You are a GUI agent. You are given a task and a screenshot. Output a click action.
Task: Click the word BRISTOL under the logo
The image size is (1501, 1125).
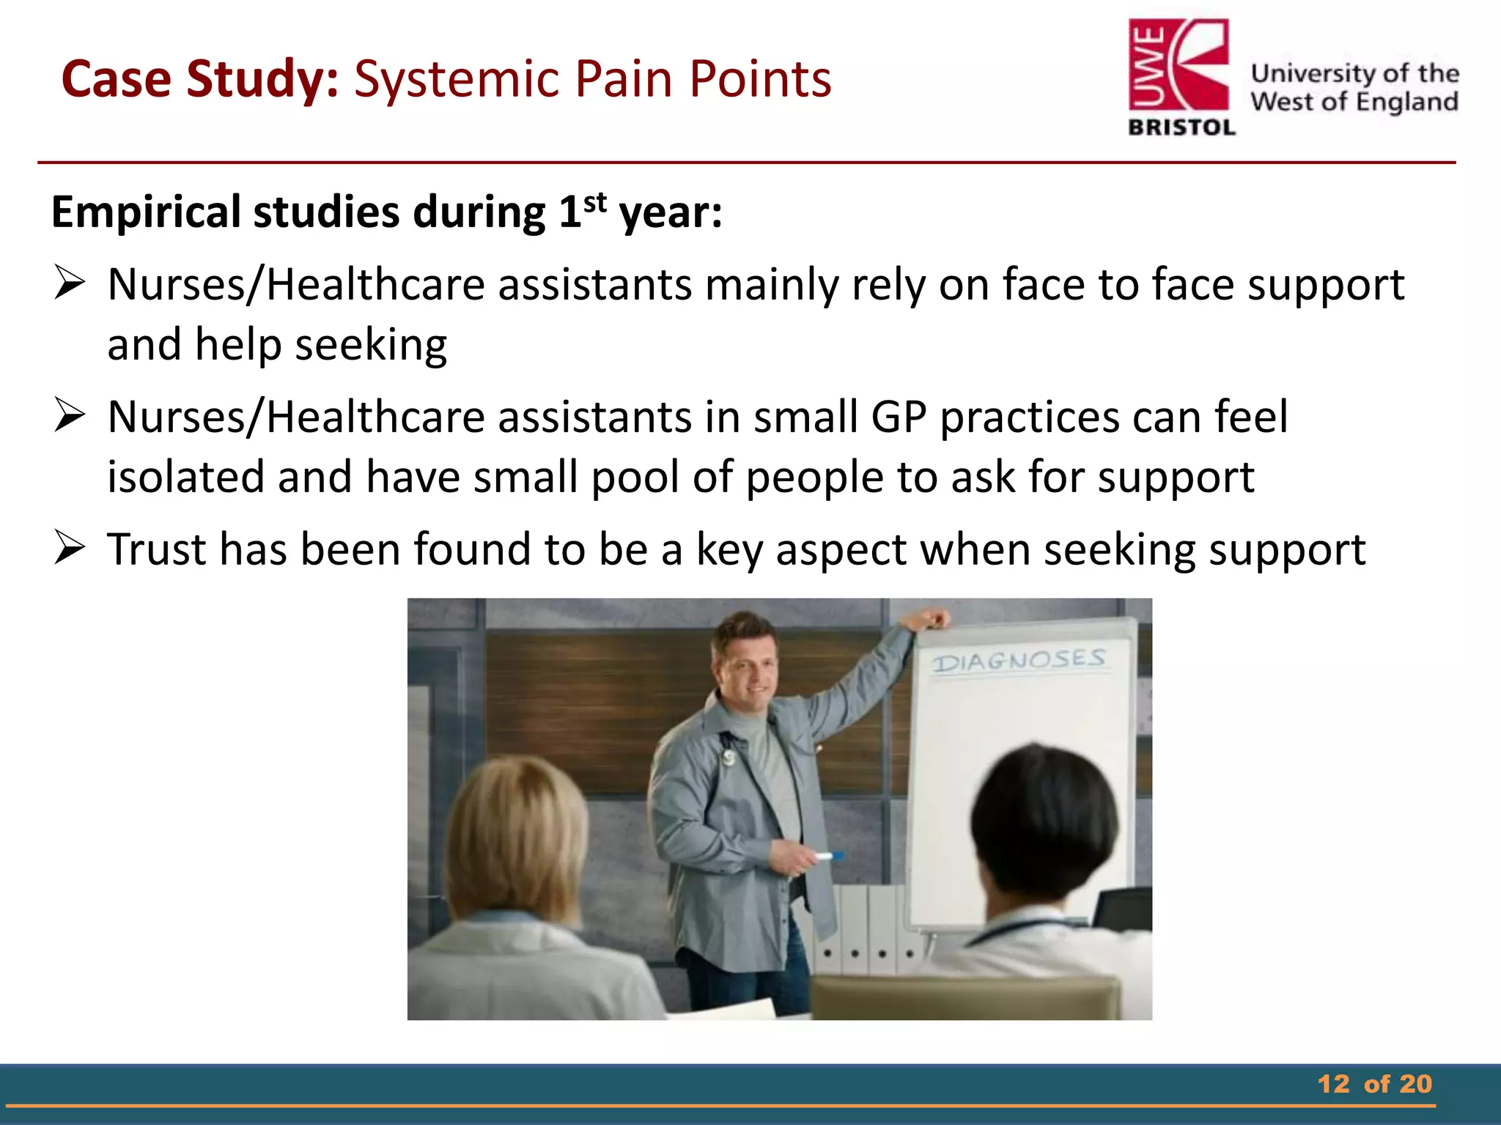click(1181, 128)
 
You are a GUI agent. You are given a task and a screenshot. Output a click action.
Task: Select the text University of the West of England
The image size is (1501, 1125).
click(1354, 87)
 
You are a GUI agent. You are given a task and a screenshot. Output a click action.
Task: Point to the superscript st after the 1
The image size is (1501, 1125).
click(595, 202)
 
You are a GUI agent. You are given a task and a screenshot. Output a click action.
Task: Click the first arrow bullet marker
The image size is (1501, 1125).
click(70, 284)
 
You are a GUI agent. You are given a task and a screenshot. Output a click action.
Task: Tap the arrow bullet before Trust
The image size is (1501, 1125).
click(70, 549)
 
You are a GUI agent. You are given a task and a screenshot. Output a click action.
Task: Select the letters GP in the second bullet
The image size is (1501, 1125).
click(899, 417)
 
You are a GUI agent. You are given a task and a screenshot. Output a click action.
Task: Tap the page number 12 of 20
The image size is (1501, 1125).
click(1374, 1084)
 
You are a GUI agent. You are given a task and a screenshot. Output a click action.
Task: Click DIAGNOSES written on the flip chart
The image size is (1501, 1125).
click(1019, 661)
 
